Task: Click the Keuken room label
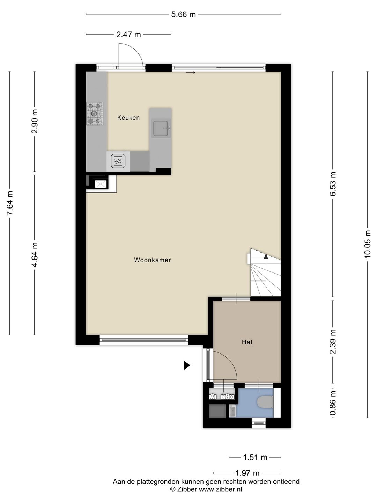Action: point(128,118)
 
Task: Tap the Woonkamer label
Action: point(153,260)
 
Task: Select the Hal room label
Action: point(247,342)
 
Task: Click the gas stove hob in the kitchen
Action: point(95,114)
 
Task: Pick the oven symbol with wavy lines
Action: point(118,161)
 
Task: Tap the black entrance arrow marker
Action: point(187,365)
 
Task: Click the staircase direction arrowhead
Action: point(266,256)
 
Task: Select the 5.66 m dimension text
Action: point(184,14)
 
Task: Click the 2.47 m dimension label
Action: point(129,35)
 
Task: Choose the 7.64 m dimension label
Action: point(10,203)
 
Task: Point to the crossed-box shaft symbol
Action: point(101,184)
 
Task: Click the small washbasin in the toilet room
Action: point(232,411)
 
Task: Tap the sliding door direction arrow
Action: point(191,73)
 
